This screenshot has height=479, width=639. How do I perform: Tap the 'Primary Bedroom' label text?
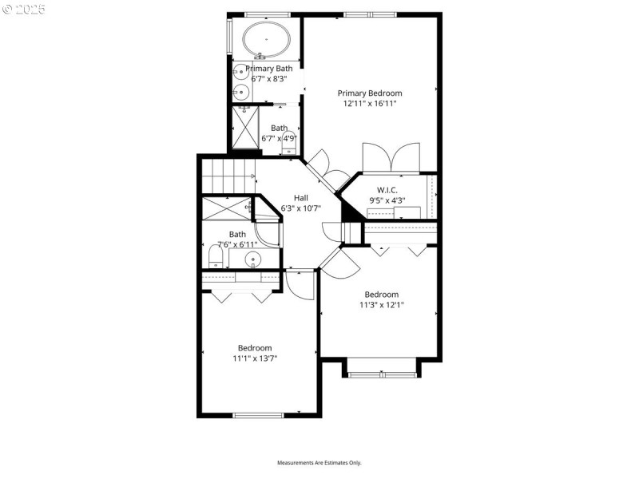click(x=369, y=93)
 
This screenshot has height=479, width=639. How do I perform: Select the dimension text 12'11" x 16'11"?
click(x=369, y=104)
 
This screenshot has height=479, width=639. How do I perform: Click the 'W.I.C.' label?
click(x=387, y=189)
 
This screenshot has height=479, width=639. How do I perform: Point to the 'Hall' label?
click(x=300, y=198)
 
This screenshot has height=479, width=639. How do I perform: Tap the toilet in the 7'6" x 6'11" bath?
click(x=215, y=257)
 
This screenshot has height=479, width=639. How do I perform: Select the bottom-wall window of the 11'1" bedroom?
click(x=258, y=414)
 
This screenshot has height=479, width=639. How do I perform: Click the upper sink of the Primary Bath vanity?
click(x=238, y=73)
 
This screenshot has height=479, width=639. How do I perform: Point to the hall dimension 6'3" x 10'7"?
click(x=300, y=209)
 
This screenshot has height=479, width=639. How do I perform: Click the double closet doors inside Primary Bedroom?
click(x=391, y=157)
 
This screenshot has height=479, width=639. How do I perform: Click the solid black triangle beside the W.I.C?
click(x=350, y=212)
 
